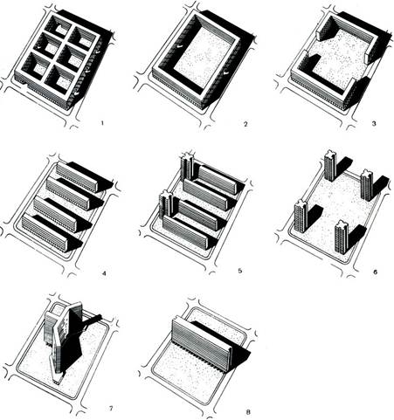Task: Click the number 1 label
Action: tap(101, 123)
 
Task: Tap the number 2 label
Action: tap(245, 124)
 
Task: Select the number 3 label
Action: tap(374, 123)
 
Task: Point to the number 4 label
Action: tap(104, 273)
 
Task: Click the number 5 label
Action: tap(240, 271)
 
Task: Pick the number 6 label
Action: tap(375, 272)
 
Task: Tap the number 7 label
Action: tap(111, 408)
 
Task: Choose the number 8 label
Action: tap(248, 411)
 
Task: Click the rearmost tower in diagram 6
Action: tap(330, 166)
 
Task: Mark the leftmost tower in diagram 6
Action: tap(301, 216)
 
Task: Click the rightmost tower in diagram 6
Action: tap(367, 185)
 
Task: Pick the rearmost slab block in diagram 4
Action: tap(76, 176)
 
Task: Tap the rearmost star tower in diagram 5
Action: tap(187, 168)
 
